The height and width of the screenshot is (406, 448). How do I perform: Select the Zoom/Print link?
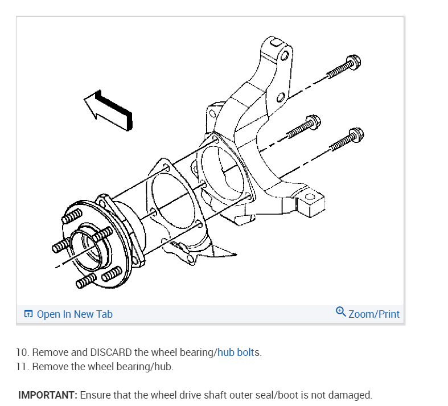(x=373, y=314)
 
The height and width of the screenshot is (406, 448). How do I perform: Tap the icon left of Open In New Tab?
(x=28, y=314)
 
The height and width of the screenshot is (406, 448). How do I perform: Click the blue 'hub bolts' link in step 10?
(x=238, y=352)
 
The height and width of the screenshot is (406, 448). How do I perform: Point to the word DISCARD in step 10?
(x=112, y=352)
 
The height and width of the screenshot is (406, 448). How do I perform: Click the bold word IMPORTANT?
(x=48, y=395)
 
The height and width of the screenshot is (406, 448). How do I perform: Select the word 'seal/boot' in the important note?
(x=273, y=395)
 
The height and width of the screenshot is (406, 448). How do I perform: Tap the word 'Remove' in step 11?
(x=49, y=366)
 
